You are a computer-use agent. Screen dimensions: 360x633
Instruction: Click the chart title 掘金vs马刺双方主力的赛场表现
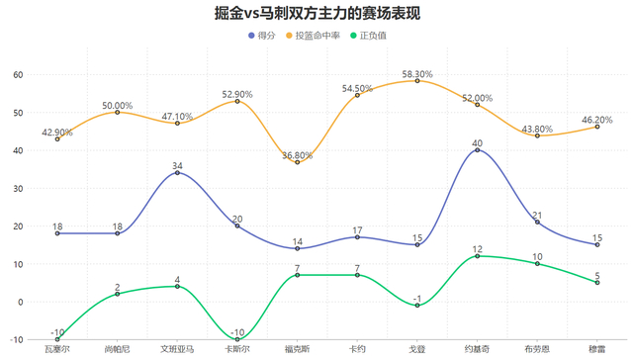click(316, 14)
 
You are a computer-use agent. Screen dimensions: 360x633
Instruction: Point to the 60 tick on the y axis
click(19, 74)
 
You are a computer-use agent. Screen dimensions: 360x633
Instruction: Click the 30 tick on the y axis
click(19, 188)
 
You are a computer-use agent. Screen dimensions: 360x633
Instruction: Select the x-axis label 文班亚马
click(177, 348)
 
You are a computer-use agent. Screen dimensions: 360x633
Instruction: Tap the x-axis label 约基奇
click(478, 348)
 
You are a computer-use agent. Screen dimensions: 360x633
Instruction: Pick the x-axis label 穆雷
click(597, 348)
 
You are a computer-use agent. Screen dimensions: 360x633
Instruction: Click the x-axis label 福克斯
click(298, 348)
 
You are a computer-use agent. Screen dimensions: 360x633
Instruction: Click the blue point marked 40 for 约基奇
click(478, 150)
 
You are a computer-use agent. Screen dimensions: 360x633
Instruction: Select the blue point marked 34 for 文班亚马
click(177, 173)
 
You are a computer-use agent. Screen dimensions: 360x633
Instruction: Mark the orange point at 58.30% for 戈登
click(417, 81)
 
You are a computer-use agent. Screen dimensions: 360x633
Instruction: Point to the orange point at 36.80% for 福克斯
click(298, 162)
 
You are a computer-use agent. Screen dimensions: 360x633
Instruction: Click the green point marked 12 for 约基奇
click(478, 256)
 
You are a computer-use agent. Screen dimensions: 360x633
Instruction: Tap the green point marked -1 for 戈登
click(417, 306)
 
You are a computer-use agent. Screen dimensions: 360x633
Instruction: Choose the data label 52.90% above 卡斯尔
click(237, 94)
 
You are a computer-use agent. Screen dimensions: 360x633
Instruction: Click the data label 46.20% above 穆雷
click(597, 119)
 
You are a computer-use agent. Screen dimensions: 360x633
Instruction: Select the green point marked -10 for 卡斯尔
click(237, 339)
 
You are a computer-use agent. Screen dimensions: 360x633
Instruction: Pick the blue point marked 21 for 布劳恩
click(538, 223)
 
